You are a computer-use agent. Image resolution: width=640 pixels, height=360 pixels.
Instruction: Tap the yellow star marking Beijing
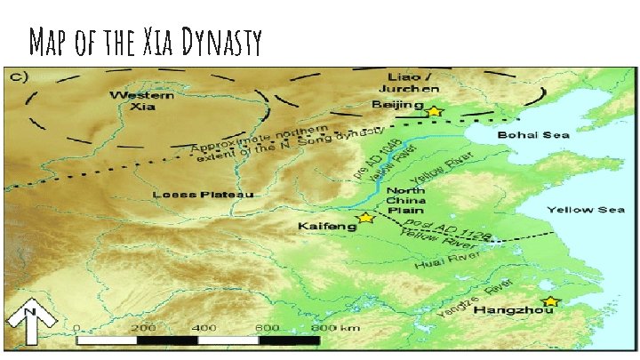[x=434, y=111]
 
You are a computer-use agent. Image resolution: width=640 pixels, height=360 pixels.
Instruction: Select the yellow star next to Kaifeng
[x=364, y=218]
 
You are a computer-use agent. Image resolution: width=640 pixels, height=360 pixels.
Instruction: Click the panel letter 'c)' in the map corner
[x=18, y=75]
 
